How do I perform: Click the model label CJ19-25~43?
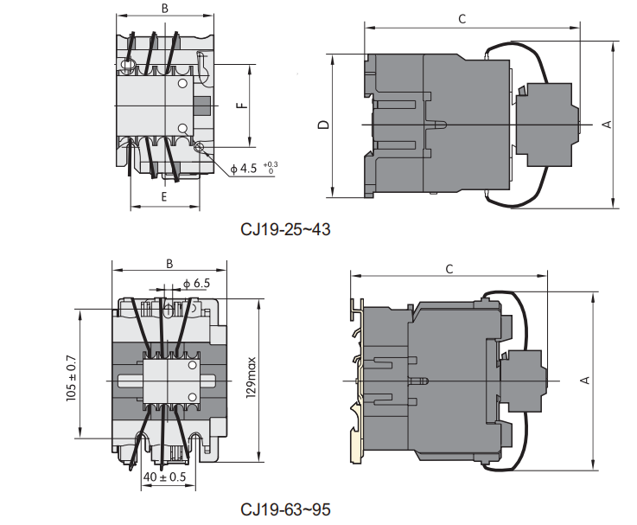[285, 229]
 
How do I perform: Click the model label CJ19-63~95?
[285, 509]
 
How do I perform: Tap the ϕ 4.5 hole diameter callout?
[244, 169]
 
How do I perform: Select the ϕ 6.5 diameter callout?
[196, 284]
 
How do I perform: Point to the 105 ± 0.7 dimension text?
[71, 379]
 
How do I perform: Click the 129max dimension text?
[251, 377]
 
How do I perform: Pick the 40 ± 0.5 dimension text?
[164, 477]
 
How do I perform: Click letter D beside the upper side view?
[323, 125]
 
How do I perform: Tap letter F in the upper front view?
[242, 106]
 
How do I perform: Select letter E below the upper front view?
[164, 197]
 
